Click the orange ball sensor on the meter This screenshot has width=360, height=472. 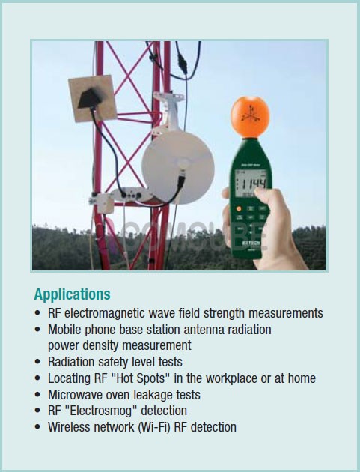pos(250,117)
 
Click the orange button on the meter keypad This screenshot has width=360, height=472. pos(239,208)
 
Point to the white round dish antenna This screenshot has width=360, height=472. pos(178,168)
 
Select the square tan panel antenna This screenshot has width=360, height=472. pos(93,98)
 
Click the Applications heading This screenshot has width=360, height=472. pos(72,294)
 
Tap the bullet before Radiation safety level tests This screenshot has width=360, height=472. pos(37,362)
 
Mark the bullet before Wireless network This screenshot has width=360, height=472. pos(37,427)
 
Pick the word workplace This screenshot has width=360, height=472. pos(231,378)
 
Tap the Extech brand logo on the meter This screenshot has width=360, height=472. pos(251,243)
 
